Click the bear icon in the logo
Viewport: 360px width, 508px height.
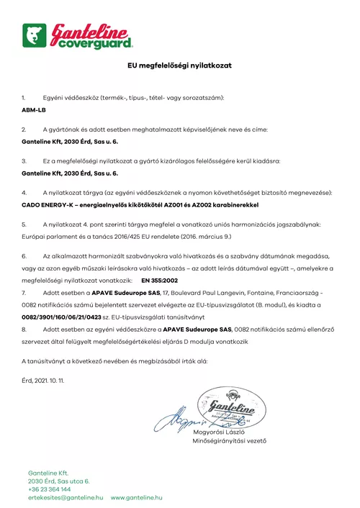point(34,35)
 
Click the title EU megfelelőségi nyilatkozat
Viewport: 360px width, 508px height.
point(179,65)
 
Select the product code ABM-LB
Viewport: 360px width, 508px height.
point(33,112)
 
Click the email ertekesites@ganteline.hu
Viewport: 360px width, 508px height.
point(66,497)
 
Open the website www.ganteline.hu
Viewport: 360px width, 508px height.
point(136,497)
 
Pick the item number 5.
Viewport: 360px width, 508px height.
point(24,224)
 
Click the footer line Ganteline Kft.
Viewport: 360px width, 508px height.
point(48,473)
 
